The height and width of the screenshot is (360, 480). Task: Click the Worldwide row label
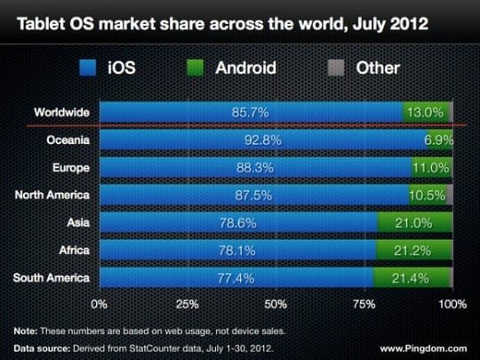coord(63,113)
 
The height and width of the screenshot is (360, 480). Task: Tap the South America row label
coord(54,278)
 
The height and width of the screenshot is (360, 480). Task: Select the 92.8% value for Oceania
coord(262,140)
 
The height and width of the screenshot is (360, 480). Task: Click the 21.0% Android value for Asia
coord(413,223)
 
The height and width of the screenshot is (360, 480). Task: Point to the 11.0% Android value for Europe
coord(430,168)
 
